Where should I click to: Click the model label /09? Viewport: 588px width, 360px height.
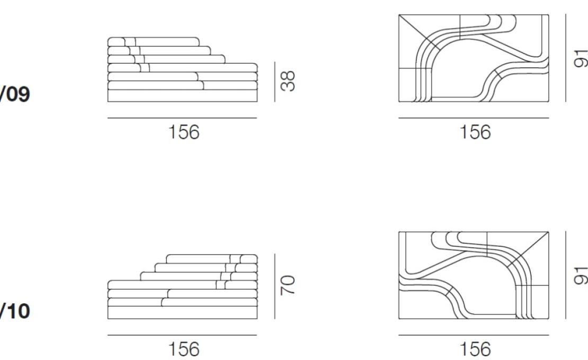click(x=15, y=94)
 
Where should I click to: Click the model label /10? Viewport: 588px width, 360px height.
click(x=15, y=311)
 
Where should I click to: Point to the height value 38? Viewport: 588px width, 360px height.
click(x=288, y=81)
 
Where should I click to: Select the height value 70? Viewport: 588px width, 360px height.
click(x=288, y=285)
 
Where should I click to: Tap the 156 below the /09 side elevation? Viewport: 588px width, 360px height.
click(x=184, y=132)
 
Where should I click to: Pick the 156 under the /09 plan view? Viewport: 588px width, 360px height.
click(x=475, y=132)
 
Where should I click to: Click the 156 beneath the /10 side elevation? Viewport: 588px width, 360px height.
click(x=184, y=349)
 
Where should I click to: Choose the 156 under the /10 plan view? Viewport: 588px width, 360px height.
click(x=475, y=349)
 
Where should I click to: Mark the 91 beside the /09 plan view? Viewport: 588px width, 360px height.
click(x=581, y=58)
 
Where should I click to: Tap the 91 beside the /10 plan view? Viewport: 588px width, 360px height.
click(x=581, y=275)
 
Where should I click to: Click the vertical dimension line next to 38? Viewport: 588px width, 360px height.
click(x=274, y=82)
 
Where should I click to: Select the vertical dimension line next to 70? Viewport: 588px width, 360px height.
click(x=274, y=286)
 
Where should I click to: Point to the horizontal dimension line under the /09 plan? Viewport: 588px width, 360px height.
click(x=474, y=118)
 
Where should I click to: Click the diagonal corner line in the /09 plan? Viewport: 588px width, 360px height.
click(x=419, y=32)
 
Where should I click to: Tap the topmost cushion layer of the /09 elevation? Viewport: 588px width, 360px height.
click(x=154, y=42)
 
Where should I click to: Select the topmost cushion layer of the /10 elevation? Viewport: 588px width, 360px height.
click(x=212, y=259)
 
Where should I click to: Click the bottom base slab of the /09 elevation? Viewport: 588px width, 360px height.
click(x=182, y=95)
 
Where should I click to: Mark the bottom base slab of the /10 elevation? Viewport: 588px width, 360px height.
click(x=182, y=312)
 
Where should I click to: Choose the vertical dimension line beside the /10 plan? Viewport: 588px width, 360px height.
click(x=566, y=275)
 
